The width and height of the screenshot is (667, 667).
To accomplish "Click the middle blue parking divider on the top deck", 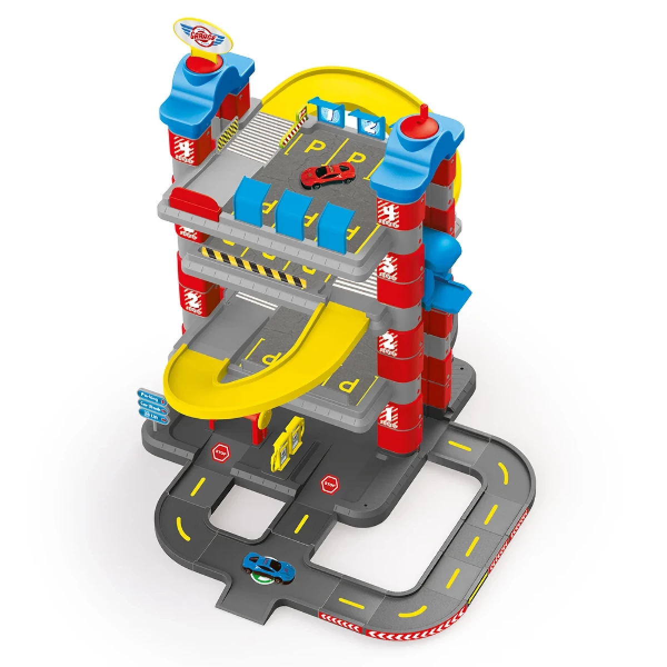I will click(x=295, y=212).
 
